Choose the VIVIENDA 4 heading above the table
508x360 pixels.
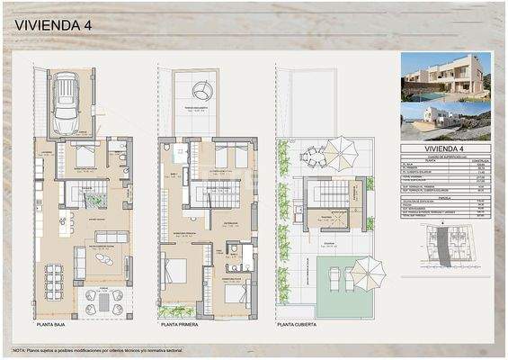[x=446, y=148]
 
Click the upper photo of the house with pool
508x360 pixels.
[x=446, y=77]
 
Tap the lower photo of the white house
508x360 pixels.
[x=446, y=122]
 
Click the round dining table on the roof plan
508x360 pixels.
[x=314, y=159]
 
